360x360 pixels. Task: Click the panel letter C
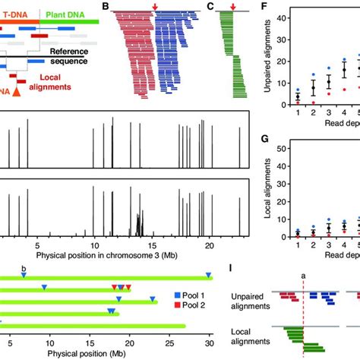[x=210, y=7]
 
